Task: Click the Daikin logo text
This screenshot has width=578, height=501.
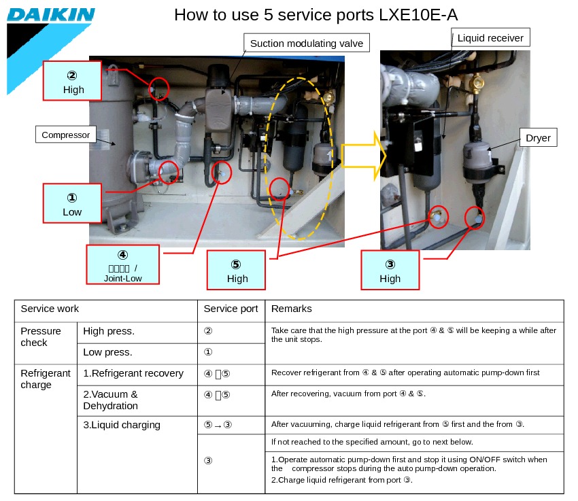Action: [x=51, y=15]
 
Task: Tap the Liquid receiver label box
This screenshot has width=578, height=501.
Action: [x=490, y=38]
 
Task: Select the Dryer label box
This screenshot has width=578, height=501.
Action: [x=538, y=138]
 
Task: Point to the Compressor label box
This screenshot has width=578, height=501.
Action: [x=65, y=135]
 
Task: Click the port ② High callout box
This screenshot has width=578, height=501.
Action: [x=73, y=82]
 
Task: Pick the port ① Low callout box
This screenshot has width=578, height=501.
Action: [x=72, y=203]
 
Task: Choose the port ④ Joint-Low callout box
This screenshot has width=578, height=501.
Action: [x=123, y=264]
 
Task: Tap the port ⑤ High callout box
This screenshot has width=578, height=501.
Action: [x=237, y=271]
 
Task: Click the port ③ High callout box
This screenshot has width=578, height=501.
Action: [x=390, y=271]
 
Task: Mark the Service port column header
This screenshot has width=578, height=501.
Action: [x=231, y=309]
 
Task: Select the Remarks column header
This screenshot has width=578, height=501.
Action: [x=292, y=309]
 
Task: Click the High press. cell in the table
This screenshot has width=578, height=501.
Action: [x=109, y=331]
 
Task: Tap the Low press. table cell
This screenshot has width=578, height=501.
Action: [x=107, y=352]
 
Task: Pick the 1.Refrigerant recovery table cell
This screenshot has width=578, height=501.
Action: [x=133, y=373]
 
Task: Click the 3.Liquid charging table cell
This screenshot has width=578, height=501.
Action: [x=122, y=425]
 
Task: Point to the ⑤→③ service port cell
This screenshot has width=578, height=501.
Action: [x=218, y=425]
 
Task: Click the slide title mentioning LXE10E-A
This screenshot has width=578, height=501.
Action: [x=320, y=15]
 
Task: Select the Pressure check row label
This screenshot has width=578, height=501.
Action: [x=41, y=336]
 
